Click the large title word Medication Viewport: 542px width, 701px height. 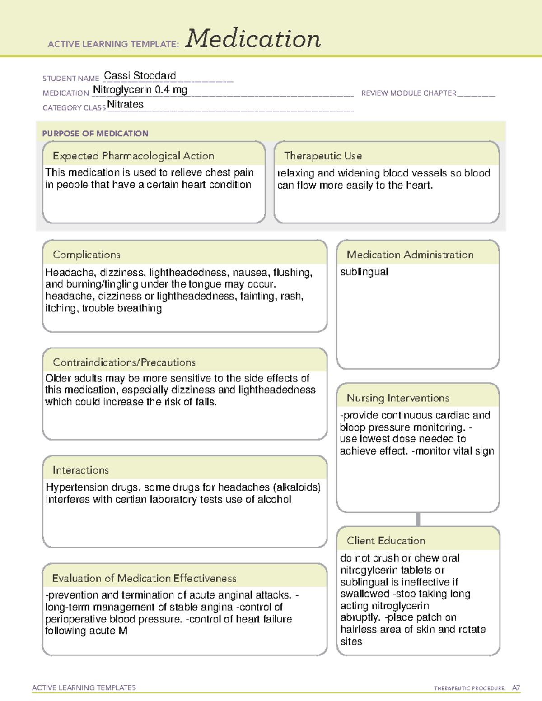(x=253, y=39)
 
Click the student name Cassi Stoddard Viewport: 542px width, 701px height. (x=140, y=75)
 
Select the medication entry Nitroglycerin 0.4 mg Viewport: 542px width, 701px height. (x=140, y=90)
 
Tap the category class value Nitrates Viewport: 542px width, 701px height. (x=125, y=104)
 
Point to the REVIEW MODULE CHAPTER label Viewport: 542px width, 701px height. (x=409, y=93)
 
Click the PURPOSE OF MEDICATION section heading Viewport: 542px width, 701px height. (x=95, y=134)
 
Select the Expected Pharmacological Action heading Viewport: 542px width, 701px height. (x=133, y=156)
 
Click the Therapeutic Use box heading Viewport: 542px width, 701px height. (x=323, y=156)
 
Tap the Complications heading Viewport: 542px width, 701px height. (x=86, y=255)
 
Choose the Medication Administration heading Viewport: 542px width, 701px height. (x=410, y=255)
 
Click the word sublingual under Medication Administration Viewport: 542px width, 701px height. (x=364, y=272)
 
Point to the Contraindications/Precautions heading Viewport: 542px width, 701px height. (x=124, y=362)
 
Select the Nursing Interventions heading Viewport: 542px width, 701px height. (x=398, y=398)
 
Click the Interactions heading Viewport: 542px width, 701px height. (x=81, y=470)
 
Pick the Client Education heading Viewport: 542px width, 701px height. (x=386, y=540)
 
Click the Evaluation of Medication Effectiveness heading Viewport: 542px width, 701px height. (x=144, y=578)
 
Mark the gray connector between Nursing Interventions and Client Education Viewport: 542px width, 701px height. (x=418, y=519)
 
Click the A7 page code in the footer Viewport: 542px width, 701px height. (x=516, y=688)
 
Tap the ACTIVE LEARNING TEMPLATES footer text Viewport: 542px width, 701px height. (x=84, y=687)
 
